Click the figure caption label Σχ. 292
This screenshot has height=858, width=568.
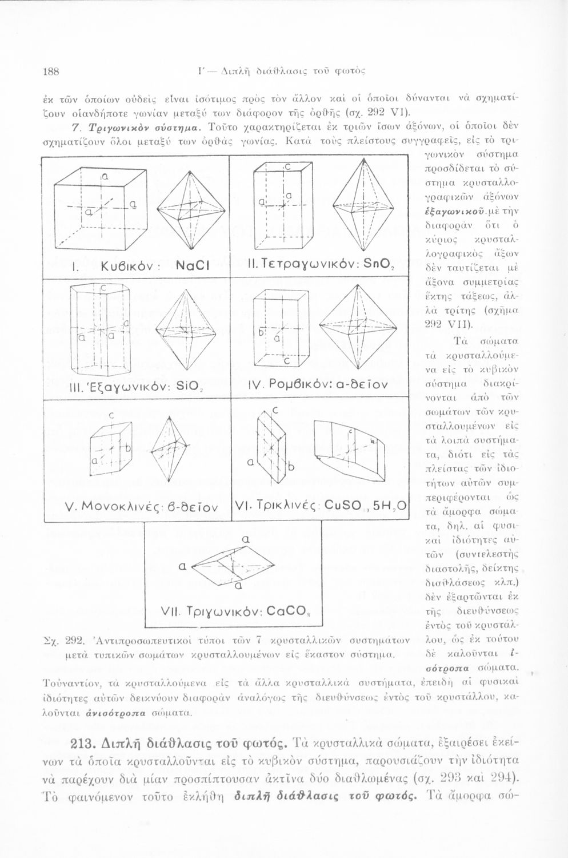point(63,639)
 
